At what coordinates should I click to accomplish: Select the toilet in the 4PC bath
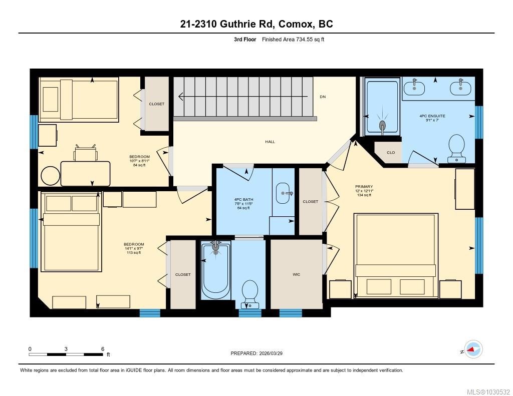pyautogui.click(x=249, y=293)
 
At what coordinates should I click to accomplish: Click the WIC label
pyautogui.click(x=296, y=274)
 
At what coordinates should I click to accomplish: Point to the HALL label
pyautogui.click(x=270, y=142)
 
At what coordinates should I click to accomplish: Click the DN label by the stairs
pyautogui.click(x=323, y=97)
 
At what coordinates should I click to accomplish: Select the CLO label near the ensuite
pyautogui.click(x=391, y=153)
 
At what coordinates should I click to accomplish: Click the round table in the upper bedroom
pyautogui.click(x=50, y=176)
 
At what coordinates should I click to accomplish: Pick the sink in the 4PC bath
pyautogui.click(x=284, y=192)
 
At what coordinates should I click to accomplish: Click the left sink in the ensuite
pyautogui.click(x=415, y=87)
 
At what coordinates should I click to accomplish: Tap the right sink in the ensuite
pyautogui.click(x=460, y=87)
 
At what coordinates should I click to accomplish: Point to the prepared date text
pyautogui.click(x=260, y=353)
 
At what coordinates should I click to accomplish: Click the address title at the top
pyautogui.click(x=256, y=24)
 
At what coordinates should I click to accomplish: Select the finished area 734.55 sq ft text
pyautogui.click(x=293, y=40)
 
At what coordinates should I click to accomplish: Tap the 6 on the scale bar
pyautogui.click(x=102, y=349)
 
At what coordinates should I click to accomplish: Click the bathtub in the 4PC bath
pyautogui.click(x=216, y=270)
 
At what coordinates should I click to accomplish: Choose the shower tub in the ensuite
pyautogui.click(x=383, y=106)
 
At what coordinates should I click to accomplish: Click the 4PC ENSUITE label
pyautogui.click(x=432, y=116)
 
